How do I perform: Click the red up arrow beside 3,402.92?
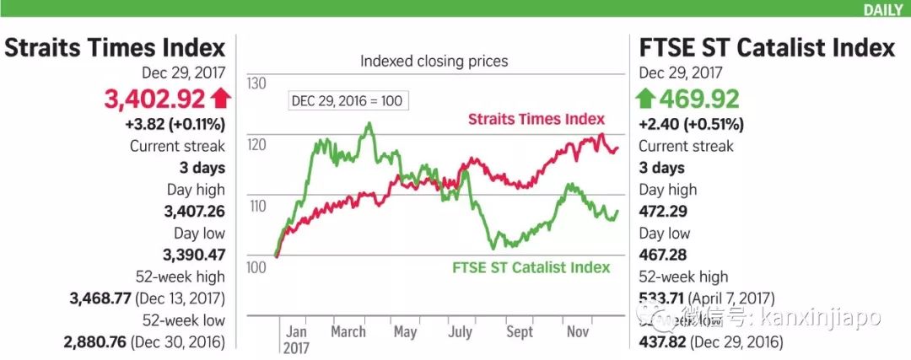(221, 99)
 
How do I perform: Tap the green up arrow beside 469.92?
(645, 99)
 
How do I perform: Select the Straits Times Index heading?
(115, 47)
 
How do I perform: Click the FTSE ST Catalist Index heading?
(767, 47)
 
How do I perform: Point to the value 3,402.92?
(154, 99)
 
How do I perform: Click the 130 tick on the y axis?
(256, 83)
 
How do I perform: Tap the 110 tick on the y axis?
(256, 206)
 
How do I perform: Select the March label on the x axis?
(348, 331)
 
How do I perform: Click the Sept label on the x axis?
(520, 331)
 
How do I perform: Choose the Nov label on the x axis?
(577, 331)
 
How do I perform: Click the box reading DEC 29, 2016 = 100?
(347, 100)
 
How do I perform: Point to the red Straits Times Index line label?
(537, 119)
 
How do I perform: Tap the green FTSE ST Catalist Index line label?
(531, 268)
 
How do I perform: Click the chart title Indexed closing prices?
(434, 61)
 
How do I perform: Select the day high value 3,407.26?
(194, 211)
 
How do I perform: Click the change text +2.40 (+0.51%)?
(691, 124)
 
